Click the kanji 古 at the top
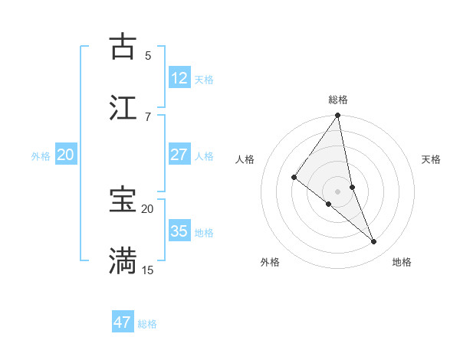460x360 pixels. pos(123,47)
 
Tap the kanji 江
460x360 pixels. pos(123,108)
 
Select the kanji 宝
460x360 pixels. pos(123,201)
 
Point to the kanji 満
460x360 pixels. pos(123,261)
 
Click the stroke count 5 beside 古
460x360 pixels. pos(148,55)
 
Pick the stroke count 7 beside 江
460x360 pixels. pos(148,116)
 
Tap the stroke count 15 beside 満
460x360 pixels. pos(148,270)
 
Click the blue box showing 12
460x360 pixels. pos(179,78)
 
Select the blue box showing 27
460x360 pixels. pos(179,155)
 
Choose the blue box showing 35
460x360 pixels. pos(179,231)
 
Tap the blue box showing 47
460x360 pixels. pos(123,322)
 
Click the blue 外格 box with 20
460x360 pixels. pos(66,155)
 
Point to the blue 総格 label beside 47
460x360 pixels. pos(147,324)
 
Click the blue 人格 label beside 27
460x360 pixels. pos(204,155)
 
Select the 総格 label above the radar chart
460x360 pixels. pos(338,100)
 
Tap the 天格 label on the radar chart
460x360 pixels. pos(432,159)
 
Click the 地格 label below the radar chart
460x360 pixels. pos(402,262)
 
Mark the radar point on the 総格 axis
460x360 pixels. pos(338,116)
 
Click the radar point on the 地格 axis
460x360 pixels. pos(374,242)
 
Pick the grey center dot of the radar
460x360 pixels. pos(338,191)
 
